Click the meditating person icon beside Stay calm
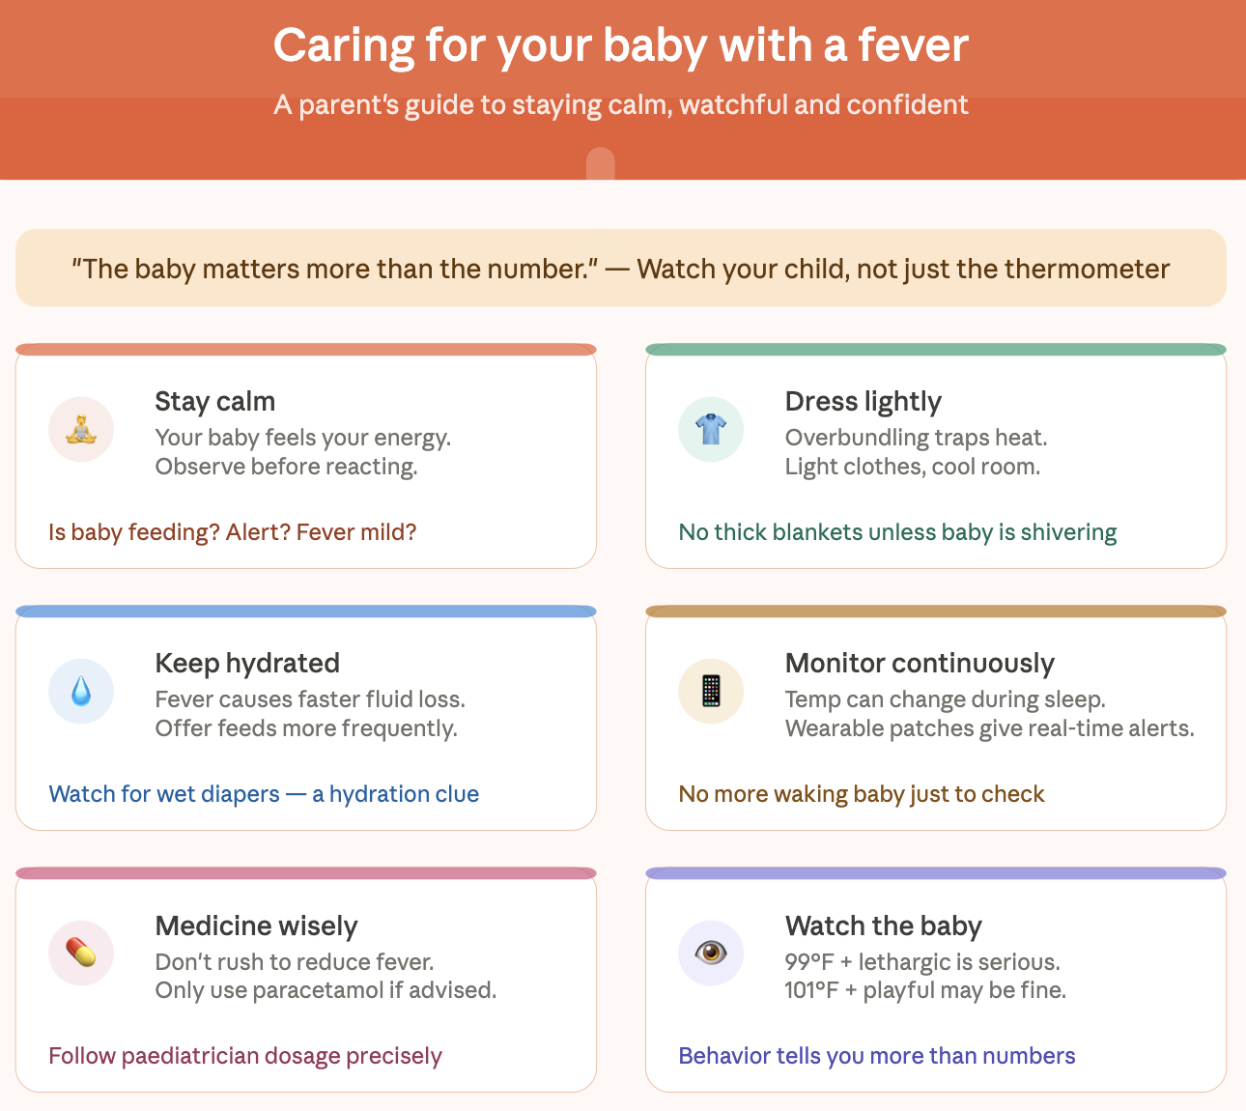pos(81,429)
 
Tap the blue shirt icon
pos(711,429)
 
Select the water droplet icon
pos(81,691)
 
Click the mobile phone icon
pos(711,691)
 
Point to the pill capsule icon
pos(81,953)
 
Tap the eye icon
pos(711,953)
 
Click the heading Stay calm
pos(214,402)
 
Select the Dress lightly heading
pos(863,402)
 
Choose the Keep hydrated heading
pos(247,663)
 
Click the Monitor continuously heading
pos(920,663)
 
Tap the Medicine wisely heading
pos(257,926)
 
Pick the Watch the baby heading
pos(883,926)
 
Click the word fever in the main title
pos(914,45)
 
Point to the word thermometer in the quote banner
pos(1087,269)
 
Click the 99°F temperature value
pos(808,961)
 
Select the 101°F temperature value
pos(811,990)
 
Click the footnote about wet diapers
pos(264,793)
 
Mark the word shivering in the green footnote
pos(1068,532)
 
